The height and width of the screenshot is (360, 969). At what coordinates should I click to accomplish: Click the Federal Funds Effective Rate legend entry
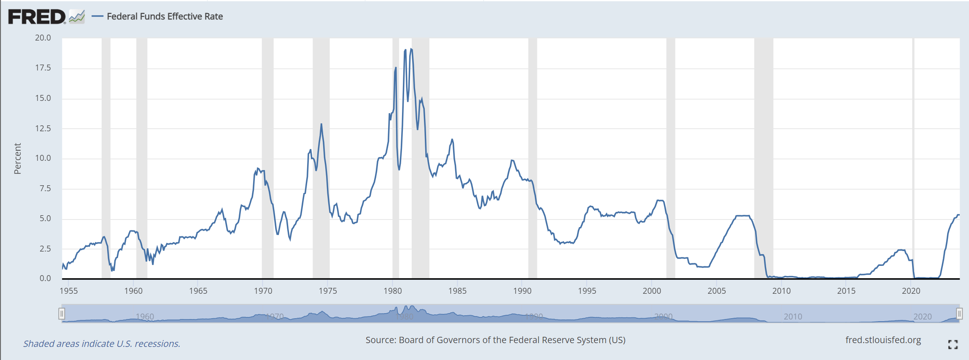tap(165, 16)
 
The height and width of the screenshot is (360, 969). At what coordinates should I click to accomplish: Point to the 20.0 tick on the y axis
tap(43, 38)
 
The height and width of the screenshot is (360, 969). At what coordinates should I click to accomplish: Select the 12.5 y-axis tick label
tap(43, 128)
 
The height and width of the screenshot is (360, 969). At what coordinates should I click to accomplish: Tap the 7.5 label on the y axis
tap(45, 189)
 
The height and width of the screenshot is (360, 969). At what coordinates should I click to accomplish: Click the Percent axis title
tap(17, 158)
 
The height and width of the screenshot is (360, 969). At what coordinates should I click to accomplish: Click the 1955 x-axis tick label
tap(69, 291)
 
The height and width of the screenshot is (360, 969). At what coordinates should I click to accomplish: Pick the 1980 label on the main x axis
tap(392, 291)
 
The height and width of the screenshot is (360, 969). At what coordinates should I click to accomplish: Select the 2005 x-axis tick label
tap(716, 291)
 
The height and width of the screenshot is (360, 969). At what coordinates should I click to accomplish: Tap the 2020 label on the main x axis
tap(911, 291)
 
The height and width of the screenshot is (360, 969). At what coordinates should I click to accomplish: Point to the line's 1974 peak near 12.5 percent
tap(321, 124)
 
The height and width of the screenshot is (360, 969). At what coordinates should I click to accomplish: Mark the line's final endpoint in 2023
tap(959, 215)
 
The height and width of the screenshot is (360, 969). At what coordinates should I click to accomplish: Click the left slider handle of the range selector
tap(62, 314)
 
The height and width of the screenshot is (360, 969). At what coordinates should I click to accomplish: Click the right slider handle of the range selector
tap(959, 314)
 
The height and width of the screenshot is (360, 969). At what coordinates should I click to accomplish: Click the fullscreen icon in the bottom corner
tap(953, 344)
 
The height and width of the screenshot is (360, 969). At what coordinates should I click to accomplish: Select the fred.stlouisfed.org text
tap(883, 340)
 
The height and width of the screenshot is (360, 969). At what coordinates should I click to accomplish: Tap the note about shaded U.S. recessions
tap(102, 344)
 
